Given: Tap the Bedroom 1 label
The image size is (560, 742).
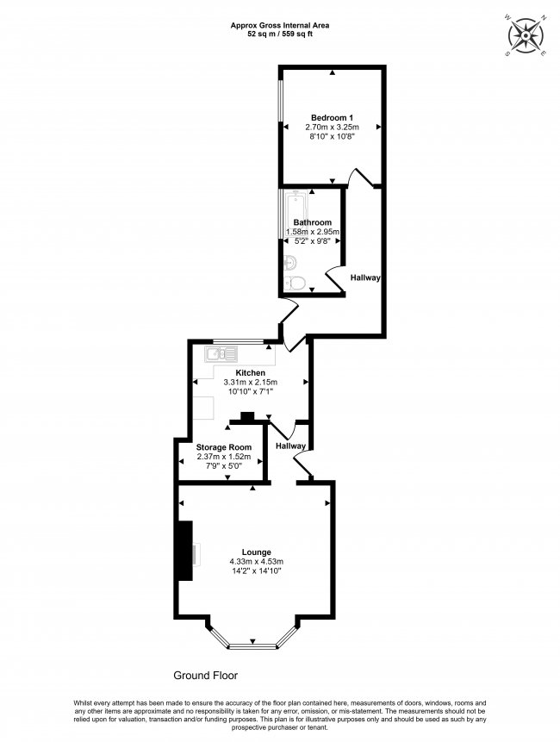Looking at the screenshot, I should [332, 117].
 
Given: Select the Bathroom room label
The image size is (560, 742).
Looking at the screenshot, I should [312, 222].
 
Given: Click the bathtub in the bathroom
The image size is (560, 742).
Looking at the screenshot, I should [294, 215].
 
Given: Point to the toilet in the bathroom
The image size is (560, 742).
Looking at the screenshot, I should [294, 283].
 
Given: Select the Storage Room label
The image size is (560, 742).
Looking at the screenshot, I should [223, 447].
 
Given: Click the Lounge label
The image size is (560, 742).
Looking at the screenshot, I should [257, 552].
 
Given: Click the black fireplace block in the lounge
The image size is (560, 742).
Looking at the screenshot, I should [184, 551].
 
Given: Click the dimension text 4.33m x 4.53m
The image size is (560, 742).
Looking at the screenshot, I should [257, 562].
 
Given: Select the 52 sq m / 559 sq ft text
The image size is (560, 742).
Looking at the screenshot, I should [279, 34].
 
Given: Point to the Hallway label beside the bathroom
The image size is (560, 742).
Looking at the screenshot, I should [365, 277].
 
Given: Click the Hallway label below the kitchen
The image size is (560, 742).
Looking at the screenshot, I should [291, 446].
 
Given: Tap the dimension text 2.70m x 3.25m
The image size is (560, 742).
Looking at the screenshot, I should [332, 127].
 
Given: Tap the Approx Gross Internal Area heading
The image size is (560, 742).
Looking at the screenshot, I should [279, 25].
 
